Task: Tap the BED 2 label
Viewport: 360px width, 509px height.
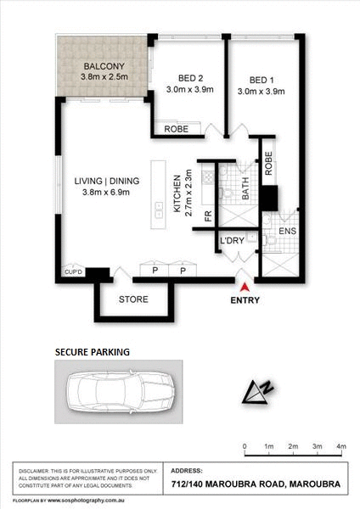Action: tap(182, 74)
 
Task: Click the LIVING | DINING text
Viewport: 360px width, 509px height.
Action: tap(106, 181)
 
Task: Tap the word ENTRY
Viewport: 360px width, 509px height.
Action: tap(247, 300)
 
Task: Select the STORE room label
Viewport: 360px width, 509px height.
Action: tap(134, 299)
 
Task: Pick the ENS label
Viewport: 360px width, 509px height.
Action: tap(287, 230)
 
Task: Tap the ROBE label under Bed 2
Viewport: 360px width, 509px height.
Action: tap(177, 130)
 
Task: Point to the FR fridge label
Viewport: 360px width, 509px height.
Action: tap(207, 216)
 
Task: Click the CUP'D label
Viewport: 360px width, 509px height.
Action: tap(72, 272)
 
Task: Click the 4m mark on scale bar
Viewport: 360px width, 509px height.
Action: tap(341, 445)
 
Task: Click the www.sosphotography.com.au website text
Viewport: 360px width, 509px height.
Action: tap(86, 500)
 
